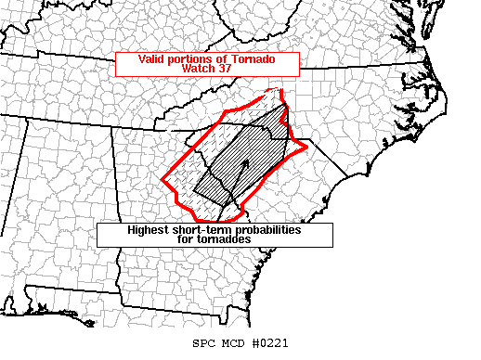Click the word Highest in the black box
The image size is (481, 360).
coord(149,229)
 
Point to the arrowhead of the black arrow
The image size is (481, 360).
coord(247,162)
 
